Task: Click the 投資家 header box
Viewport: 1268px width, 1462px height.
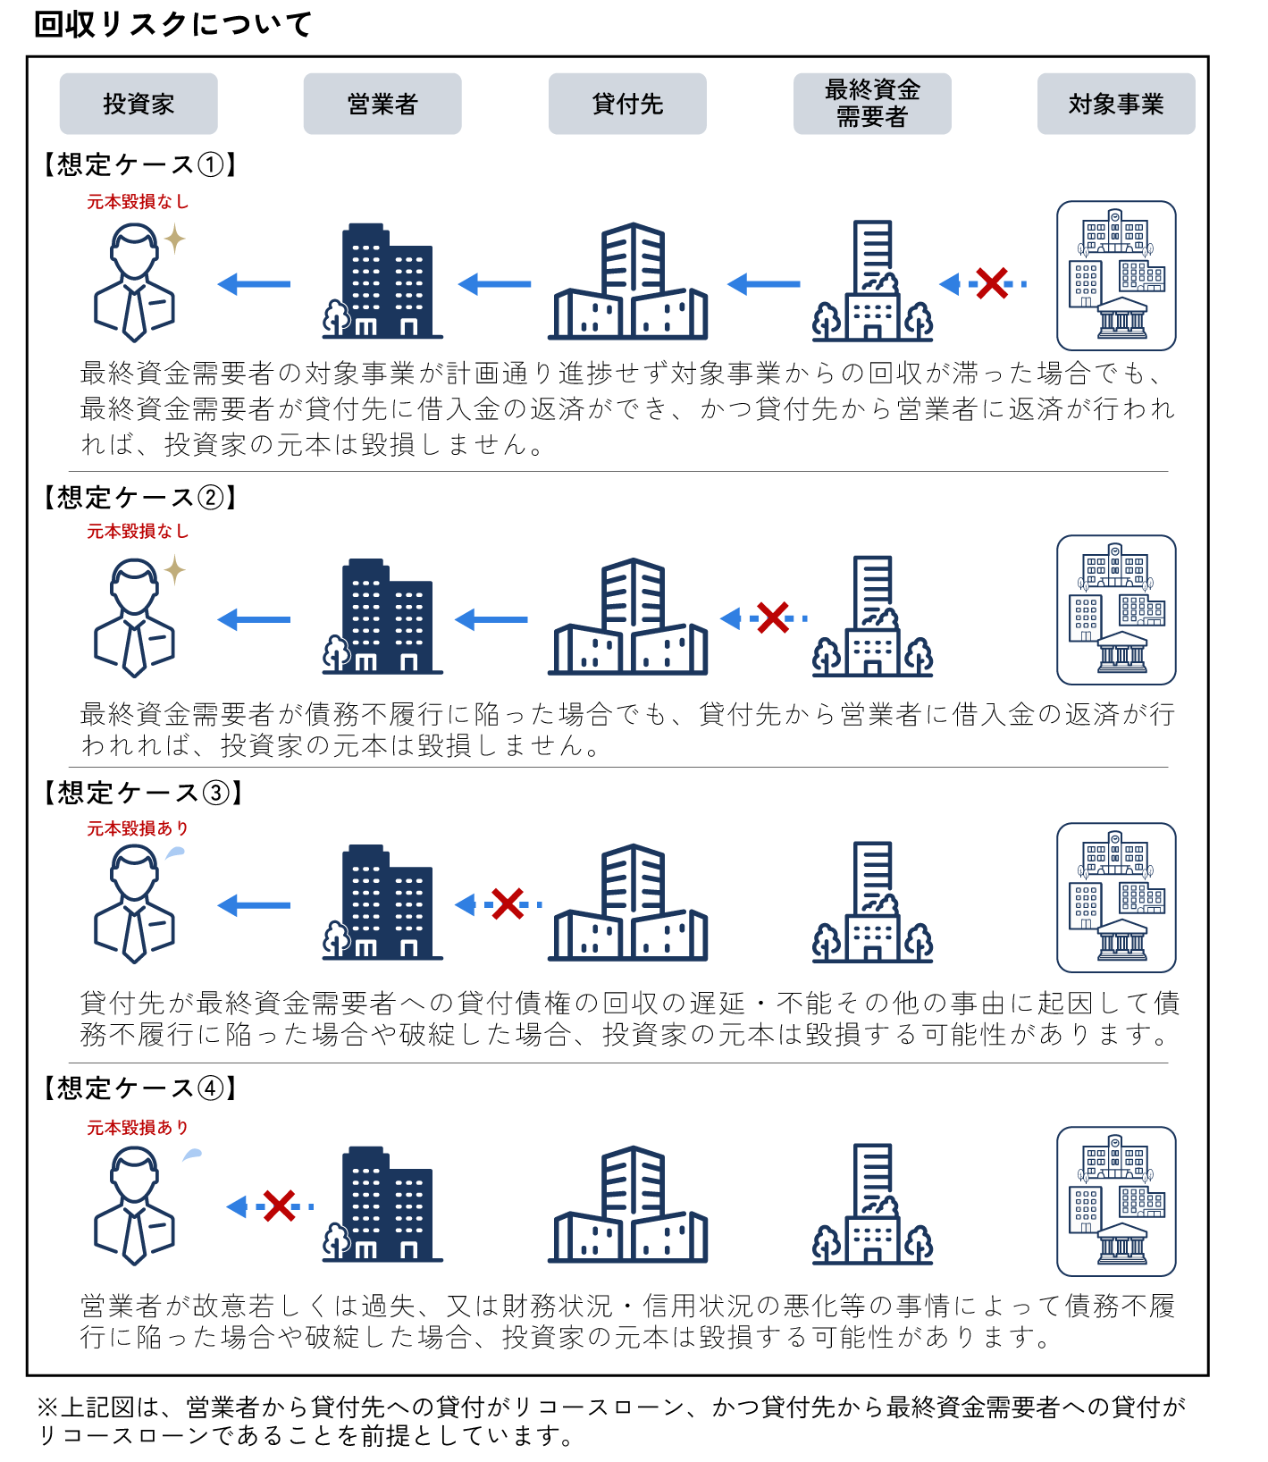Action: tap(139, 104)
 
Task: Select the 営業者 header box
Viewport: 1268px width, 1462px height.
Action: tap(382, 104)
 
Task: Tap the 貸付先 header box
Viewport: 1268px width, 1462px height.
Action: tap(627, 104)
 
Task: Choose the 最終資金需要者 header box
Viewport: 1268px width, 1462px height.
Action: tap(872, 104)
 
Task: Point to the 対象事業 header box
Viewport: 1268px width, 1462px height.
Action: tap(1116, 104)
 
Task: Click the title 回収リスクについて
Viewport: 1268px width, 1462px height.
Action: tap(172, 24)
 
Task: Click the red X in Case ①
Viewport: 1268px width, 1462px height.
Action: tap(992, 284)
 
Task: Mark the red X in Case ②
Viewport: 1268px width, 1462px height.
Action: tap(773, 618)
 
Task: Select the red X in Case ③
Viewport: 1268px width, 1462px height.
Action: tap(508, 904)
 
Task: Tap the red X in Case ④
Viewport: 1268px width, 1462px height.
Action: tap(280, 1206)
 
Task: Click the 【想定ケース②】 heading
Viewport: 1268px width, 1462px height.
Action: tap(140, 498)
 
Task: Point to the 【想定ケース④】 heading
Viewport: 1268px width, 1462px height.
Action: tap(140, 1088)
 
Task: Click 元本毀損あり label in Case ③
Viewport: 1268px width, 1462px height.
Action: tap(138, 828)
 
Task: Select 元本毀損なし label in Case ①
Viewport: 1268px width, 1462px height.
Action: tap(138, 202)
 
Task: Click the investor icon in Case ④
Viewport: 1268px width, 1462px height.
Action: tap(135, 1206)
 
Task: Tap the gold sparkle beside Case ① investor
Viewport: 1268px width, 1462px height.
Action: tap(175, 239)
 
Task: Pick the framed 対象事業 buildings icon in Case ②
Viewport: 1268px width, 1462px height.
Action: tap(1116, 610)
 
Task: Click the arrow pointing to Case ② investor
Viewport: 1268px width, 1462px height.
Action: tap(255, 619)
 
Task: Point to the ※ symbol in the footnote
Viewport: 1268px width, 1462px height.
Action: tap(47, 1407)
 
